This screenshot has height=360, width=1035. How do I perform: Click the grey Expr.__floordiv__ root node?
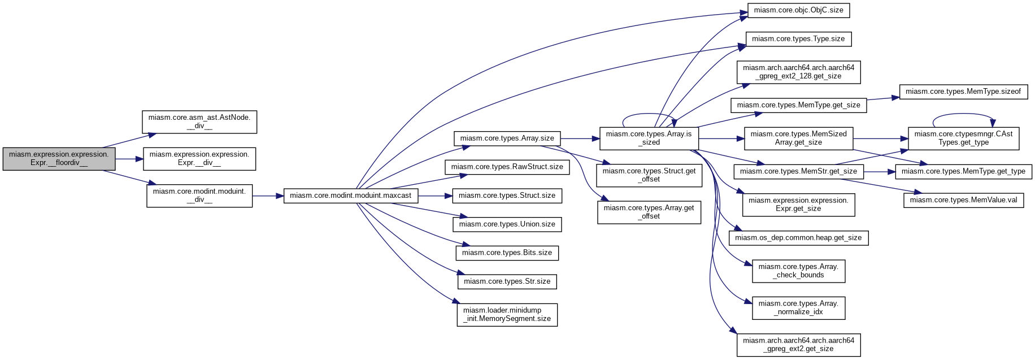(x=59, y=159)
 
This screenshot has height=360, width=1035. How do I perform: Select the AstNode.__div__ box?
(x=199, y=122)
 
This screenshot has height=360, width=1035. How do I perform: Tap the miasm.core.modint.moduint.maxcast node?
(x=351, y=196)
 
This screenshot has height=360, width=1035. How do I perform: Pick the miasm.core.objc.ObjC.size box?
(x=798, y=10)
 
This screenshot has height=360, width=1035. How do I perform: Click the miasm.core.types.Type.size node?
(x=798, y=39)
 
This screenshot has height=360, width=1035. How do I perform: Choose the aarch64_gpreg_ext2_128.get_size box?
(x=798, y=72)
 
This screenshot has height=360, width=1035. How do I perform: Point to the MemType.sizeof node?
(x=963, y=92)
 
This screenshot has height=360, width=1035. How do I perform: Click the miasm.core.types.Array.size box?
(x=507, y=138)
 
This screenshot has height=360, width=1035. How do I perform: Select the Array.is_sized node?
(x=649, y=138)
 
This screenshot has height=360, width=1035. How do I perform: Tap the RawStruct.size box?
(x=507, y=167)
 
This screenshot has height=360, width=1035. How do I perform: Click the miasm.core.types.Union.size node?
(x=507, y=224)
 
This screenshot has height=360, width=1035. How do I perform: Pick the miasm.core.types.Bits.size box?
(x=507, y=253)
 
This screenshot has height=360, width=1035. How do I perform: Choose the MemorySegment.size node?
(x=507, y=315)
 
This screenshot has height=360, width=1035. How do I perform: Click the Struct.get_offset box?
(x=649, y=175)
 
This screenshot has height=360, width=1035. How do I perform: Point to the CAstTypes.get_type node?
(x=963, y=138)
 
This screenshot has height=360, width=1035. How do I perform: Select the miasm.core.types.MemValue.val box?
(x=963, y=200)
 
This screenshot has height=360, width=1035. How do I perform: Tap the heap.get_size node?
(x=798, y=238)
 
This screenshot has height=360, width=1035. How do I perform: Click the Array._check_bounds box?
(x=798, y=271)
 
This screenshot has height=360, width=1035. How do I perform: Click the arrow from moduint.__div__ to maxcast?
(x=268, y=196)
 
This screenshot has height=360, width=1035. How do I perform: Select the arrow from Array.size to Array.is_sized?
(x=580, y=138)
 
